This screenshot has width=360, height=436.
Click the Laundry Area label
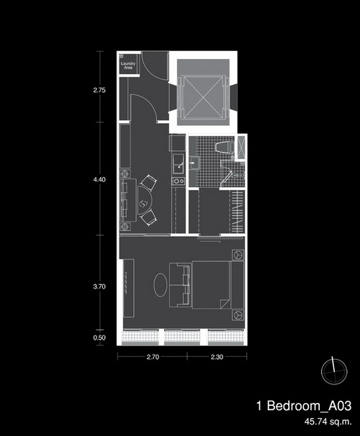tap(128, 65)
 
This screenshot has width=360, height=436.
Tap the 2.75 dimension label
tap(99, 90)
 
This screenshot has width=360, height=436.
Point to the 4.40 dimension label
tap(99, 180)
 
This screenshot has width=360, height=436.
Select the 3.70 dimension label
tap(99, 286)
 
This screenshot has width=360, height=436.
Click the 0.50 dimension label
tap(99, 338)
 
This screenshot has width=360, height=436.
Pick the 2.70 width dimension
tap(153, 357)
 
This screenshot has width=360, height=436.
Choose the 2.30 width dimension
tap(217, 357)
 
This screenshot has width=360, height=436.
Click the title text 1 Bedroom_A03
tap(304, 406)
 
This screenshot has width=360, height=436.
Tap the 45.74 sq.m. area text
tap(328, 422)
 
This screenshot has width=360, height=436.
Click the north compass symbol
tap(334, 371)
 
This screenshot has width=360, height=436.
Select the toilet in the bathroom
tap(225, 147)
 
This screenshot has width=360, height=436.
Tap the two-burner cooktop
tap(178, 181)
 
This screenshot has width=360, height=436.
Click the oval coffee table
tap(161, 285)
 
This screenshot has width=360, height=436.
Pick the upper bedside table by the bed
tap(238, 255)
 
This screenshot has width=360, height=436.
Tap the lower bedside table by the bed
tap(238, 314)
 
